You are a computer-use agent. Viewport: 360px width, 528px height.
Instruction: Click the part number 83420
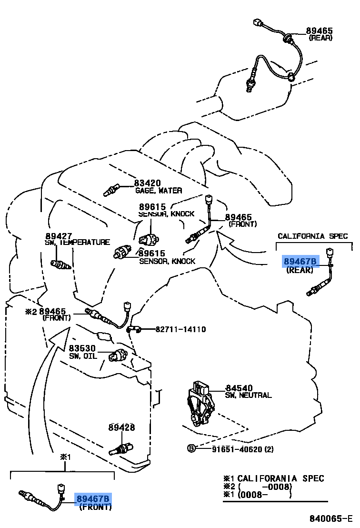tap(147, 183)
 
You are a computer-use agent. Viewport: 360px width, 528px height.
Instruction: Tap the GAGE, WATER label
tap(158, 191)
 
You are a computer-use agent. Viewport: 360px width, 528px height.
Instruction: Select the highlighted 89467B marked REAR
tap(300, 262)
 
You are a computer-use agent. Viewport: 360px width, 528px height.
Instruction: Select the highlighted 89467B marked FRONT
tap(93, 499)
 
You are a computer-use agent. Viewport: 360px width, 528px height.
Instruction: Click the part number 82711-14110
tap(180, 329)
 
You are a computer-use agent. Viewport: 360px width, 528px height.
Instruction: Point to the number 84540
tap(239, 388)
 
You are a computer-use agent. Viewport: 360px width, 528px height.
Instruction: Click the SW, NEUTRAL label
tap(248, 396)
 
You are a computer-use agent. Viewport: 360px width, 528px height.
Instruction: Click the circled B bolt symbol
tap(190, 449)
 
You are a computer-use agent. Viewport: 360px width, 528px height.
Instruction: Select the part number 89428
tap(121, 427)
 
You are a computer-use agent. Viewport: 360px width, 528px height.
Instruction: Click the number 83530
tap(82, 348)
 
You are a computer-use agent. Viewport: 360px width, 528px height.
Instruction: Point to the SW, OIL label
tap(83, 356)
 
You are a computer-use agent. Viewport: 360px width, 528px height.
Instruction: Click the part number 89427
tap(59, 235)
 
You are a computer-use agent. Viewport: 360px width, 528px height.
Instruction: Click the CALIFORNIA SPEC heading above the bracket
tap(313, 236)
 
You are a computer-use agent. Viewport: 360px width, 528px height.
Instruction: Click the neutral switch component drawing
tap(200, 403)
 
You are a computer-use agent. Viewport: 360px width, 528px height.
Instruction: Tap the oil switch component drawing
tap(119, 355)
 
